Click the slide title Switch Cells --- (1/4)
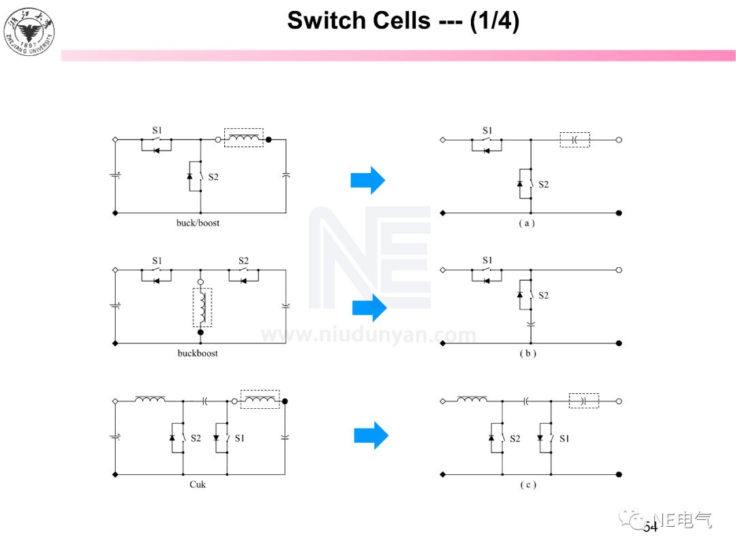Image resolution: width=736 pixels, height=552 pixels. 403,20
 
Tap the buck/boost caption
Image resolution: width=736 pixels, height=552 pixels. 198,223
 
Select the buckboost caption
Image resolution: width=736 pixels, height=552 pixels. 198,353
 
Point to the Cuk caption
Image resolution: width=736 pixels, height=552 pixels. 197,485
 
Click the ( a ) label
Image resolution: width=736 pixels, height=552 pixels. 526,223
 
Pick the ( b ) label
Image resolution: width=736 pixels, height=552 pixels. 527,354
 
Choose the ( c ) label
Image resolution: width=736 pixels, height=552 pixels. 527,485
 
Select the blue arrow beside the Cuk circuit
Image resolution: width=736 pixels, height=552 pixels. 371,435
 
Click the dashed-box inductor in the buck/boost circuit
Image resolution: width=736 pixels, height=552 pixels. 243,138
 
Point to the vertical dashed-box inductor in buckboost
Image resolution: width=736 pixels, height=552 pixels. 202,307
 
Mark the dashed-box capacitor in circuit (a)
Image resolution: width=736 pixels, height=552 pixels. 574,140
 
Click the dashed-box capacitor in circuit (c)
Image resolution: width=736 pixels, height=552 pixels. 583,401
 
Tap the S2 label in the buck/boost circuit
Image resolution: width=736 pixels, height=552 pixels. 213,177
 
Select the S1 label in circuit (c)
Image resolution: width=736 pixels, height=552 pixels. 564,439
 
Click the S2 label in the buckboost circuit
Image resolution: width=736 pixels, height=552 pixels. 243,261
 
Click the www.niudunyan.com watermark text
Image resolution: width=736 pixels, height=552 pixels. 369,335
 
